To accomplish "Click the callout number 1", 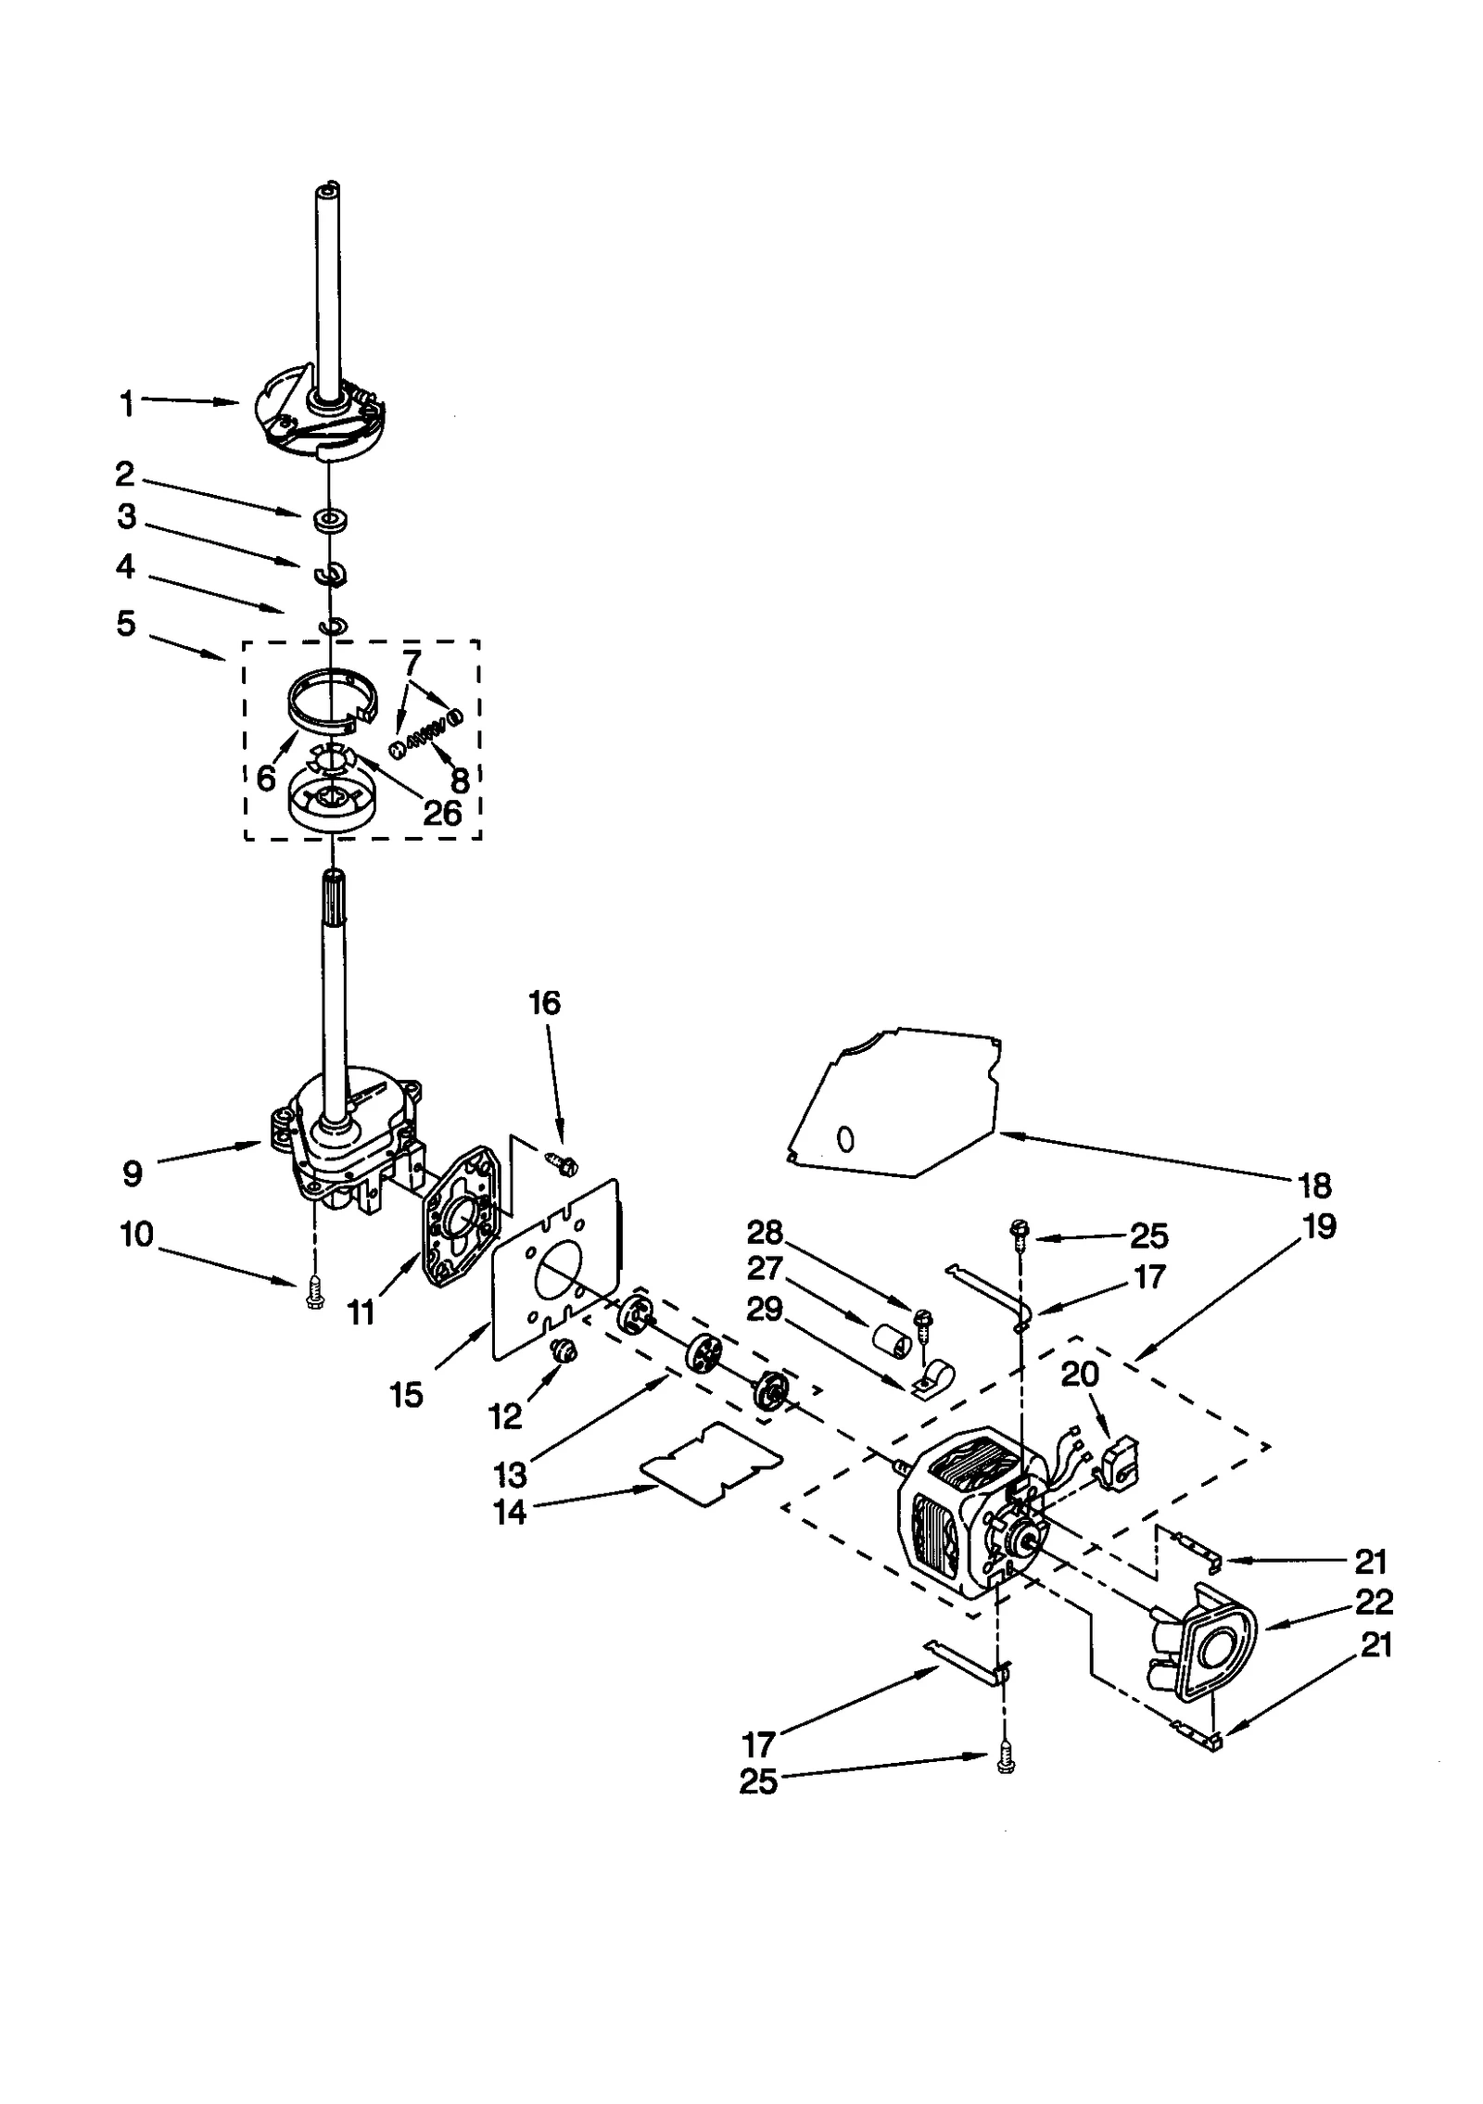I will pos(126,404).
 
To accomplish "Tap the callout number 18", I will pos(1315,1185).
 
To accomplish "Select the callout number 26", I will pos(442,813).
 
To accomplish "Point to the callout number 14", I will pos(510,1513).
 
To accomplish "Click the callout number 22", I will pos(1373,1602).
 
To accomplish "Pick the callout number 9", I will pos(133,1173).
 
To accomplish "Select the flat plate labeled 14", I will pos(711,1464).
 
